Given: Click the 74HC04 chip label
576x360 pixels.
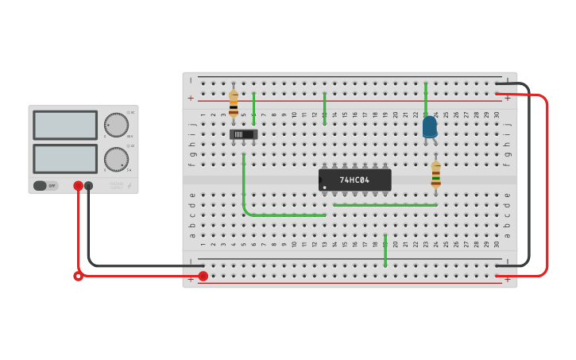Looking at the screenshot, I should [x=354, y=180].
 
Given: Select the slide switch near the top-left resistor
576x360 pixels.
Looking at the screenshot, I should [x=243, y=134].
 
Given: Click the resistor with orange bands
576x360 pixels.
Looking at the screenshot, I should [x=234, y=104].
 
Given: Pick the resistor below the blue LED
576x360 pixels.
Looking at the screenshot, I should [x=435, y=175].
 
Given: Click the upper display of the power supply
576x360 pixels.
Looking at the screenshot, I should [x=65, y=126].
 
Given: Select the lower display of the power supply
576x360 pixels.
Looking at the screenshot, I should [x=65, y=158].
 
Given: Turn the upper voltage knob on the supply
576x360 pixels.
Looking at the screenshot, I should [x=116, y=125].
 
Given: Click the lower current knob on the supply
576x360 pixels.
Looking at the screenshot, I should [x=116, y=159].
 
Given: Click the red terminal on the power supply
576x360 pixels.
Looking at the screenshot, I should [x=79, y=186].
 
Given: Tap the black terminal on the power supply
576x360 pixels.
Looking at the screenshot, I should [x=89, y=186].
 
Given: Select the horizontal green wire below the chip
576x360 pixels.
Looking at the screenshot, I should [x=385, y=205].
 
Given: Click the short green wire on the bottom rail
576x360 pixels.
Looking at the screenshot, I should [x=385, y=250].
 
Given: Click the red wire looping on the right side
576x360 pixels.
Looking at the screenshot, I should [x=547, y=183].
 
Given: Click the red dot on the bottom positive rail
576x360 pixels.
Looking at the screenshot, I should [x=203, y=276].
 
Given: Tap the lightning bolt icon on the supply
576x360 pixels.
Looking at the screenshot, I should [x=130, y=186].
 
